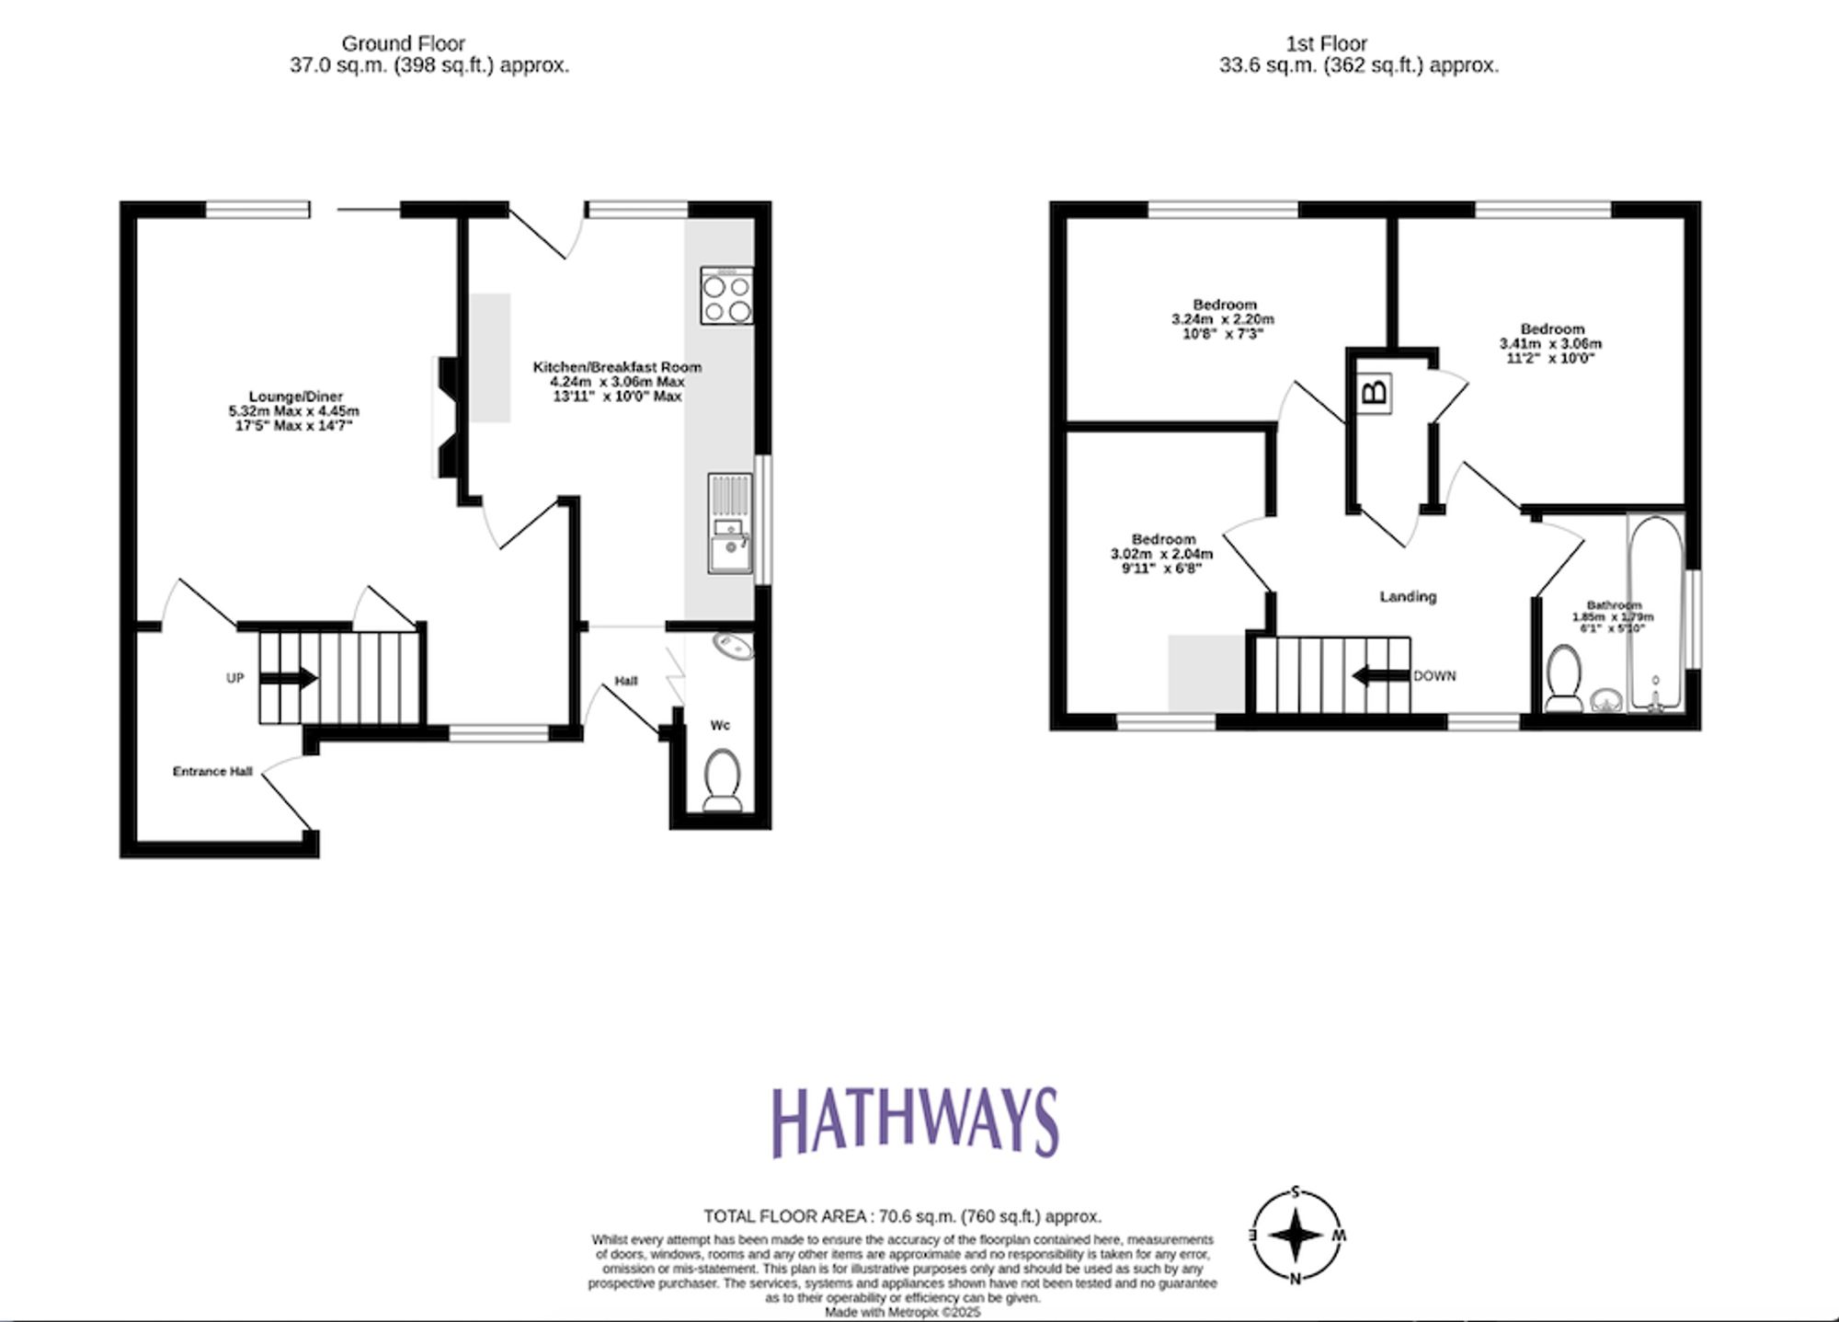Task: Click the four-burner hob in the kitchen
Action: click(x=726, y=295)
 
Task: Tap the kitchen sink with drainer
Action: click(x=730, y=523)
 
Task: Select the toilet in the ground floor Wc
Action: click(x=722, y=779)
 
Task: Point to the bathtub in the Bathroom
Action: click(x=1655, y=612)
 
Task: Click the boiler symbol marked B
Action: click(x=1374, y=393)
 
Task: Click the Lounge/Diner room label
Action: click(x=295, y=397)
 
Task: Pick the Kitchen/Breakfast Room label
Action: click(x=617, y=367)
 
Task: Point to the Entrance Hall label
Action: click(x=212, y=771)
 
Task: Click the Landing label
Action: click(x=1407, y=596)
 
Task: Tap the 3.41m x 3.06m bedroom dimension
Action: click(x=1550, y=344)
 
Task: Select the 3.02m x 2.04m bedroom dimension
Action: click(x=1162, y=554)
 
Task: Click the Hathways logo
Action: click(x=915, y=1122)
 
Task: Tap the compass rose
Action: click(x=1295, y=1235)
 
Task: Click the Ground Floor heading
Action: click(x=403, y=43)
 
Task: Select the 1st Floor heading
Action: click(x=1325, y=43)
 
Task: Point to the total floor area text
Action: click(x=902, y=1216)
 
